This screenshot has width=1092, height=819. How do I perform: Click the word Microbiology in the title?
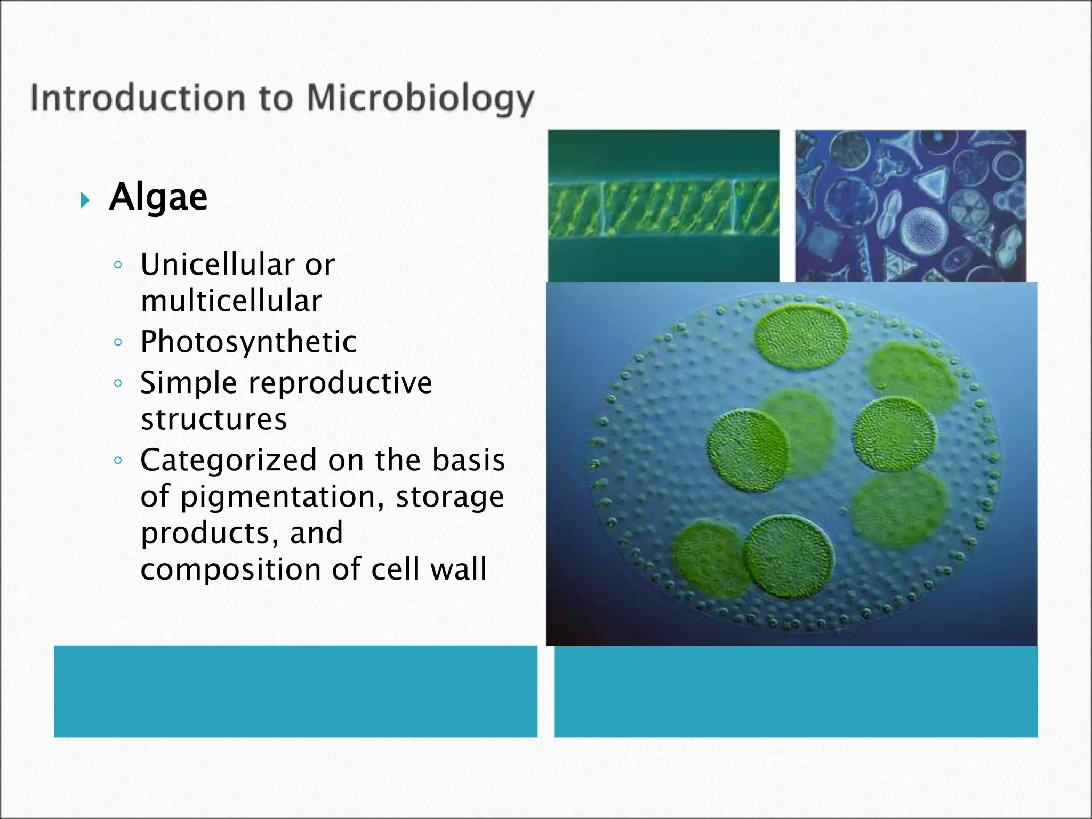tap(420, 99)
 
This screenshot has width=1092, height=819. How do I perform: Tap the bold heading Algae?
tap(158, 197)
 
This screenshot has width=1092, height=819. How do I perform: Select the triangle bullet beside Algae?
tap(85, 201)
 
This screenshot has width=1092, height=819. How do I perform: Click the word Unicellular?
tap(217, 264)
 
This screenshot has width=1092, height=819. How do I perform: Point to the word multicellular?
tap(231, 301)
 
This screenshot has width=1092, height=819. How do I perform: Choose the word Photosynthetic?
tap(248, 342)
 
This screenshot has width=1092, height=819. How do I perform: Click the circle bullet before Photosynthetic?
tap(118, 342)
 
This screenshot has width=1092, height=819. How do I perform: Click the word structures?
tap(214, 419)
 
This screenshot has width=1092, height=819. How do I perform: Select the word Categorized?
tap(229, 460)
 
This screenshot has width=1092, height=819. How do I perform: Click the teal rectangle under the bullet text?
tap(295, 691)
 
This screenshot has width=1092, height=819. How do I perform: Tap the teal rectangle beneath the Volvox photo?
tap(796, 691)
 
